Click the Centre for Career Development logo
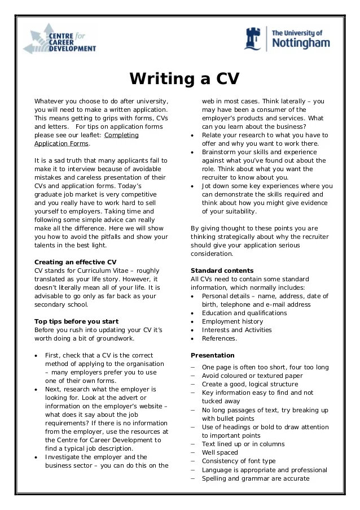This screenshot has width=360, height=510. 59,40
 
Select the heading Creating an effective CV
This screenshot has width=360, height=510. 75,262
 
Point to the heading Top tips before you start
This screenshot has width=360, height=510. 76,321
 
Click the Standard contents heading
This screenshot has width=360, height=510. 222,271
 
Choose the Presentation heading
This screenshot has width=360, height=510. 212,355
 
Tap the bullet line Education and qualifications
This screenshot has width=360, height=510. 244,313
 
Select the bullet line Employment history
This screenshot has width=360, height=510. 232,321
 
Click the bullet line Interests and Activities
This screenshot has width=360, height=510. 236,330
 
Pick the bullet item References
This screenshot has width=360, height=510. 219,338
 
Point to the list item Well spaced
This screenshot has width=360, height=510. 219,452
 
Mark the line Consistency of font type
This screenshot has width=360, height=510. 238,461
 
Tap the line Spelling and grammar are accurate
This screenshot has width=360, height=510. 255,478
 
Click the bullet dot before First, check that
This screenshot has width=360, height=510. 36,356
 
